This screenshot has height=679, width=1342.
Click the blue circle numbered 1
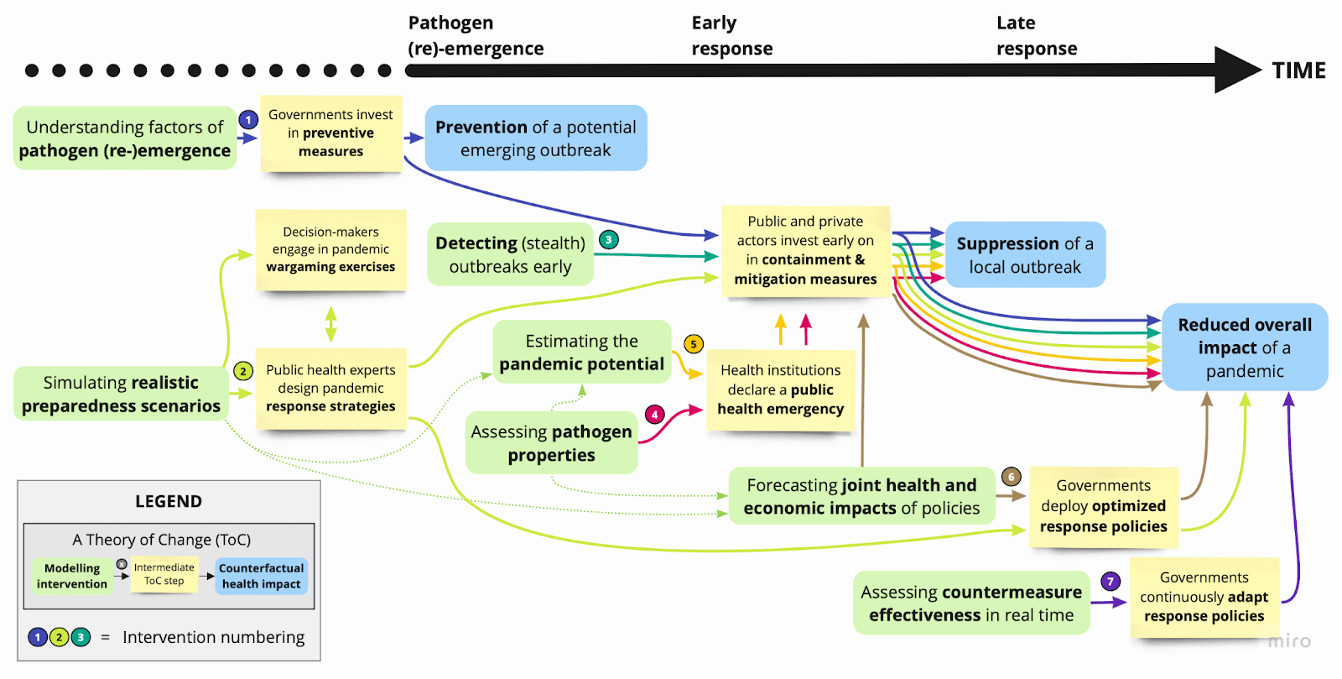point(248,120)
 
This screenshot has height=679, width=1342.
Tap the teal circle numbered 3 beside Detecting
point(609,240)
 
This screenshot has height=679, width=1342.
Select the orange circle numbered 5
point(694,344)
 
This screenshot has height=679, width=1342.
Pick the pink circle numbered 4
point(655,415)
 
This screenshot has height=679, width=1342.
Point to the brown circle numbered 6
point(1012,477)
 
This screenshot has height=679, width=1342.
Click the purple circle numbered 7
point(1111,581)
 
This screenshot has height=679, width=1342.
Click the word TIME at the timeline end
point(1298,71)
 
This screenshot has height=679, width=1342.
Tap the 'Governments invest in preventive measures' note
point(331,133)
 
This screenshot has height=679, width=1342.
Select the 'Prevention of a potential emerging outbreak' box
point(535,138)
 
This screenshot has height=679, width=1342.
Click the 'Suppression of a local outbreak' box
point(1025,255)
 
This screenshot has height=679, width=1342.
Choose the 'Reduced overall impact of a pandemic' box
point(1245,347)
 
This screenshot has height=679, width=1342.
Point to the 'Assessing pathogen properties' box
point(551,443)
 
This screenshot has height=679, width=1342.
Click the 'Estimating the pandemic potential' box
point(581,353)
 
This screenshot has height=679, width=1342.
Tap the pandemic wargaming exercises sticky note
point(330,249)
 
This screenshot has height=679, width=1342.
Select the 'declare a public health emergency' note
point(780,389)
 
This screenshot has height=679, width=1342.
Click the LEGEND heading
point(169,502)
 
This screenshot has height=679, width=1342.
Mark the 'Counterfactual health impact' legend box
point(261,577)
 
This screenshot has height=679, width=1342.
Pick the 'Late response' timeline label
point(1037,35)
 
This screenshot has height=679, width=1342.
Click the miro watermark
point(1289,641)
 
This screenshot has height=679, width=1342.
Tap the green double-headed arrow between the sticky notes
point(331,324)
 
